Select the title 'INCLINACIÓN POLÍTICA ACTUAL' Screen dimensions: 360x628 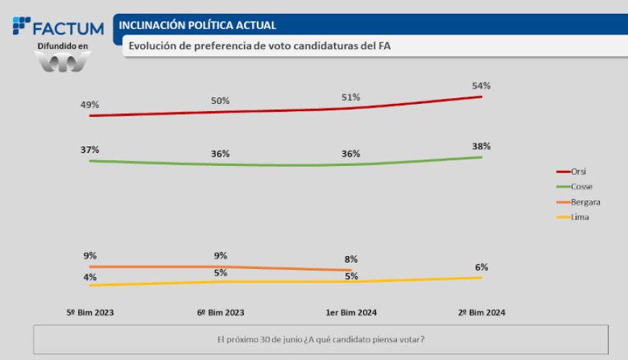197,25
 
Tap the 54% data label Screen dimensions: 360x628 481,86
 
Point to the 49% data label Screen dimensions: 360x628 90,105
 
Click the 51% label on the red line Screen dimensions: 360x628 351,97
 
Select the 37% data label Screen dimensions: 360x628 90,149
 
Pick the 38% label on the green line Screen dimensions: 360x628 481,146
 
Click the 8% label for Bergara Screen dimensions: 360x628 351,259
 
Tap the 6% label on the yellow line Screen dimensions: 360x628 481,267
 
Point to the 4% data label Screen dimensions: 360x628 90,277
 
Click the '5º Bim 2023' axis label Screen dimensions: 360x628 90,312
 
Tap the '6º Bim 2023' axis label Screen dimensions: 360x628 220,312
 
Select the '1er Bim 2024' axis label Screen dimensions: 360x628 351,312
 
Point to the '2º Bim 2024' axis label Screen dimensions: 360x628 481,312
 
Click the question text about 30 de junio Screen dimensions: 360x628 320,339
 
